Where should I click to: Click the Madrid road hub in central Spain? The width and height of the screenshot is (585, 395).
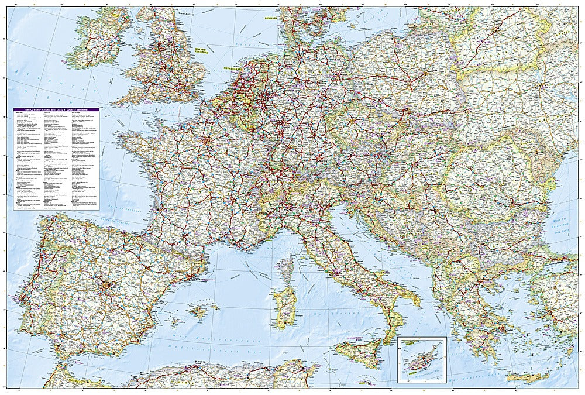pyautogui.click(x=106, y=286)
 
